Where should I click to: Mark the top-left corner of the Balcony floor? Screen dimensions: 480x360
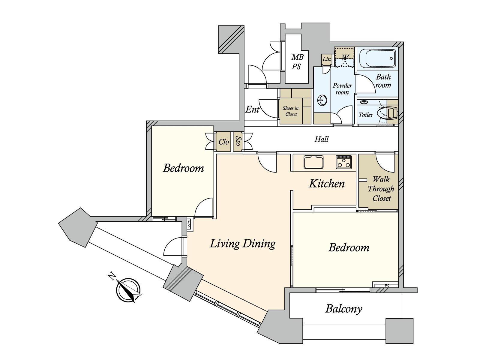coord(290,293)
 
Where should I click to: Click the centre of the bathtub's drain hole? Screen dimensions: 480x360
coord(391,58)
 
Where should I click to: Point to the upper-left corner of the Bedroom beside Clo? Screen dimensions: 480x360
coord(152,126)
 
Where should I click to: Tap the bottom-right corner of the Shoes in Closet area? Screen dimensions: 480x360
coord(311,124)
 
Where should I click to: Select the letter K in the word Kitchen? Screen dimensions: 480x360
coord(313,184)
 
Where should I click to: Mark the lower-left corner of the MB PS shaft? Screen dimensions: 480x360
coord(286,83)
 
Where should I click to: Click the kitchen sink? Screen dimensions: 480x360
coord(313,162)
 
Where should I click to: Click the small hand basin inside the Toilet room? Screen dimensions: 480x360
coord(364,102)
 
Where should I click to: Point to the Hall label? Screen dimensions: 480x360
coord(322,139)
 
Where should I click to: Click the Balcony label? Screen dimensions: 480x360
coord(344,309)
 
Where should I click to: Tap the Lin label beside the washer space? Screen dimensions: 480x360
coord(327,59)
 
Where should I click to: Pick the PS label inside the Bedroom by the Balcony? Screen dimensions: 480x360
coord(387,286)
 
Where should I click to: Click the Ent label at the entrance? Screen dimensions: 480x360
coord(252,109)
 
